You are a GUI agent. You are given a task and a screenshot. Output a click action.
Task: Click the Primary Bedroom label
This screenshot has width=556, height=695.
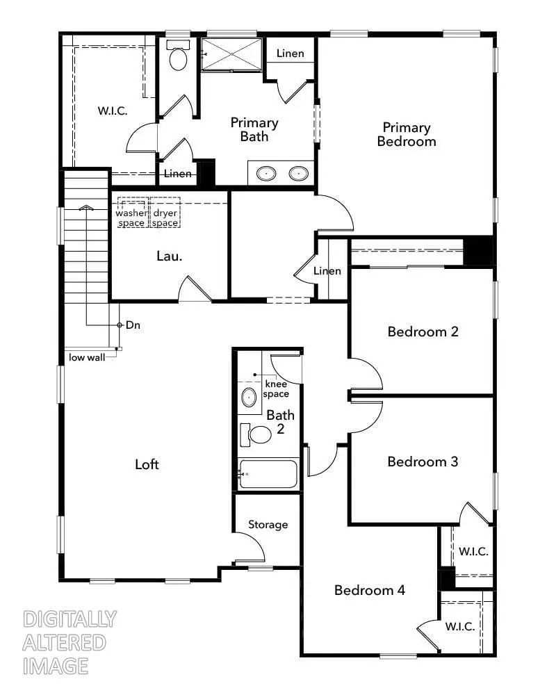coord(407,134)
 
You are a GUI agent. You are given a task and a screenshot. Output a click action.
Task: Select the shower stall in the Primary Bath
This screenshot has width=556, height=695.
coord(231,54)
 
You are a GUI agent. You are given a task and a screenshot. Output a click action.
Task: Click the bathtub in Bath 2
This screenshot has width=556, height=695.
coord(269,475)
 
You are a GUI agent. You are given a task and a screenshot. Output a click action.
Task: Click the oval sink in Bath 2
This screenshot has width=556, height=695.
coord(248,398)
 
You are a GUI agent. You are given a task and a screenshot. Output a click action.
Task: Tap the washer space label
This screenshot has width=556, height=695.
coord(131,218)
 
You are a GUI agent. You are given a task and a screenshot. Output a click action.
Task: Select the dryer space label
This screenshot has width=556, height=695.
coord(165,218)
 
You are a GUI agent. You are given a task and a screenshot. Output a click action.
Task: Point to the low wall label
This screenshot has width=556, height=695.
coord(86,358)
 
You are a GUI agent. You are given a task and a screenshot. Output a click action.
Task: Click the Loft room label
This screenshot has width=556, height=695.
coord(147,464)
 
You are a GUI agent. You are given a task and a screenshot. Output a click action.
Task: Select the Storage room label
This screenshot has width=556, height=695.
coord(268,525)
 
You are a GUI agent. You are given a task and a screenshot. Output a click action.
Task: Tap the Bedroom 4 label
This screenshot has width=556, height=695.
coord(369,590)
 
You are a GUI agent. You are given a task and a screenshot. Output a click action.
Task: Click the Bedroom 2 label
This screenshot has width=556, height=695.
coord(423,332)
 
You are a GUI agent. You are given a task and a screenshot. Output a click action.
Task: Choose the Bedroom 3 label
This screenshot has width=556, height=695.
coord(423,461)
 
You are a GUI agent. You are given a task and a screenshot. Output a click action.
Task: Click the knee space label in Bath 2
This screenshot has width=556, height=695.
coord(276,389)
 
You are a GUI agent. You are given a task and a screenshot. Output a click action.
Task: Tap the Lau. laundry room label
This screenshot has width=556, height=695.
coord(169,256)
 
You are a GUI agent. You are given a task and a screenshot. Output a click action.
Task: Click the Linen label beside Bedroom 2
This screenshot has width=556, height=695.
coord(327,270)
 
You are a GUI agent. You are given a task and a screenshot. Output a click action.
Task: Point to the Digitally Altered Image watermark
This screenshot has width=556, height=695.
coord(69,642)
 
